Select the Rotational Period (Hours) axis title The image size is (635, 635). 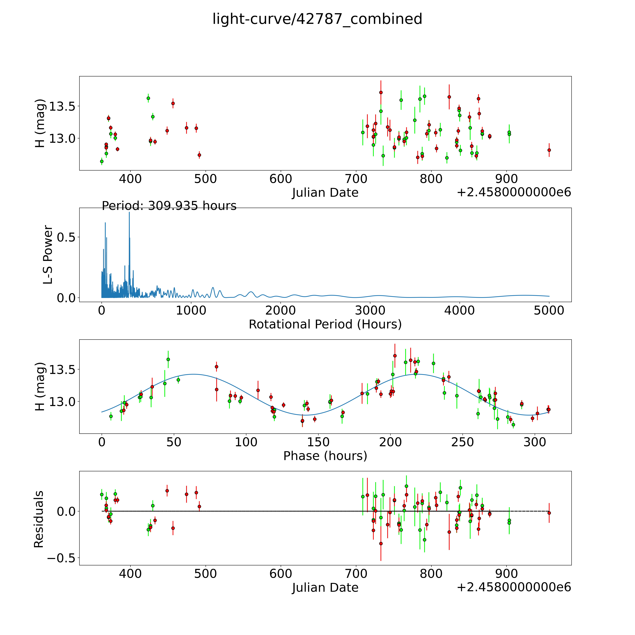pos(325,324)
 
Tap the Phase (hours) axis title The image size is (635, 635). pos(325,456)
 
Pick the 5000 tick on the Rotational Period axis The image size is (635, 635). pos(549,311)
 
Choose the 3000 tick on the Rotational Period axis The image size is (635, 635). pos(370,311)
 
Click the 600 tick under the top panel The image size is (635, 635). pos(281,179)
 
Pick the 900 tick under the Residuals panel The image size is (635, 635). pos(506,574)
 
